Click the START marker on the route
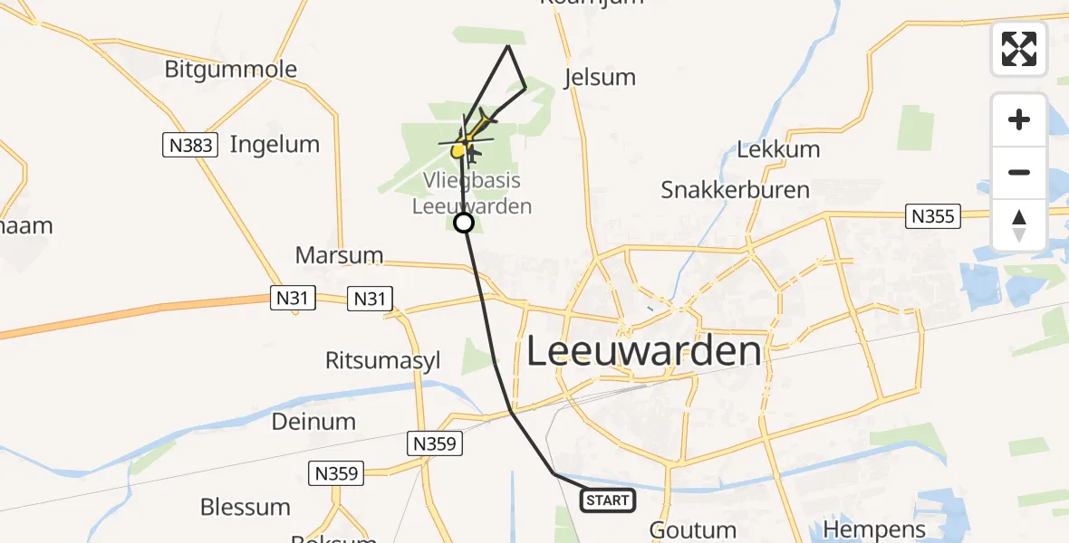(607, 500)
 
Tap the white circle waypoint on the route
(464, 223)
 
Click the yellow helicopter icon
(461, 148)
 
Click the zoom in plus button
(1019, 119)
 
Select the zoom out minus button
(1019, 172)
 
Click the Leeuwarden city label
(644, 351)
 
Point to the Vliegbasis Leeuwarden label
(471, 194)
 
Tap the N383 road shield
(190, 145)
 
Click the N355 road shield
(933, 216)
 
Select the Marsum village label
(339, 255)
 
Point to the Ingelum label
(274, 144)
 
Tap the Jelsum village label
(600, 77)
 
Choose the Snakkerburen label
(735, 190)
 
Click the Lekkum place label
(778, 149)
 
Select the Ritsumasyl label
(383, 360)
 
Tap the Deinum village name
(313, 421)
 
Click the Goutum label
(693, 530)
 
